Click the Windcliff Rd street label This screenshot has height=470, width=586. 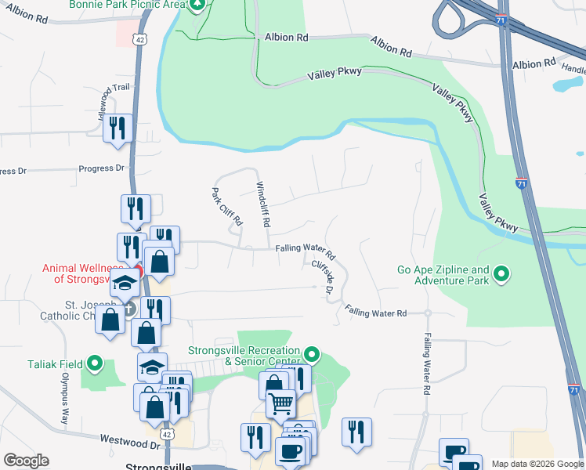coord(263,204)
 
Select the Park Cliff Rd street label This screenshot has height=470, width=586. coord(227,208)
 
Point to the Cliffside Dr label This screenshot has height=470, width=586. coord(323,277)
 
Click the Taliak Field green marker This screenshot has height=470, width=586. coord(95,363)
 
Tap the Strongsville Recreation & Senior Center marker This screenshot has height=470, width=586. coord(312,356)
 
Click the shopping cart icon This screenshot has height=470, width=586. coord(280,404)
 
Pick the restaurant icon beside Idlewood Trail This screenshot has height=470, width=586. coord(118,128)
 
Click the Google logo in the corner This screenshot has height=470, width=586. coord(26,461)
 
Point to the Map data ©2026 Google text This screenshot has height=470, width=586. coord(538,464)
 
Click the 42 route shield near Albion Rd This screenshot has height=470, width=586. coord(138,60)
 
